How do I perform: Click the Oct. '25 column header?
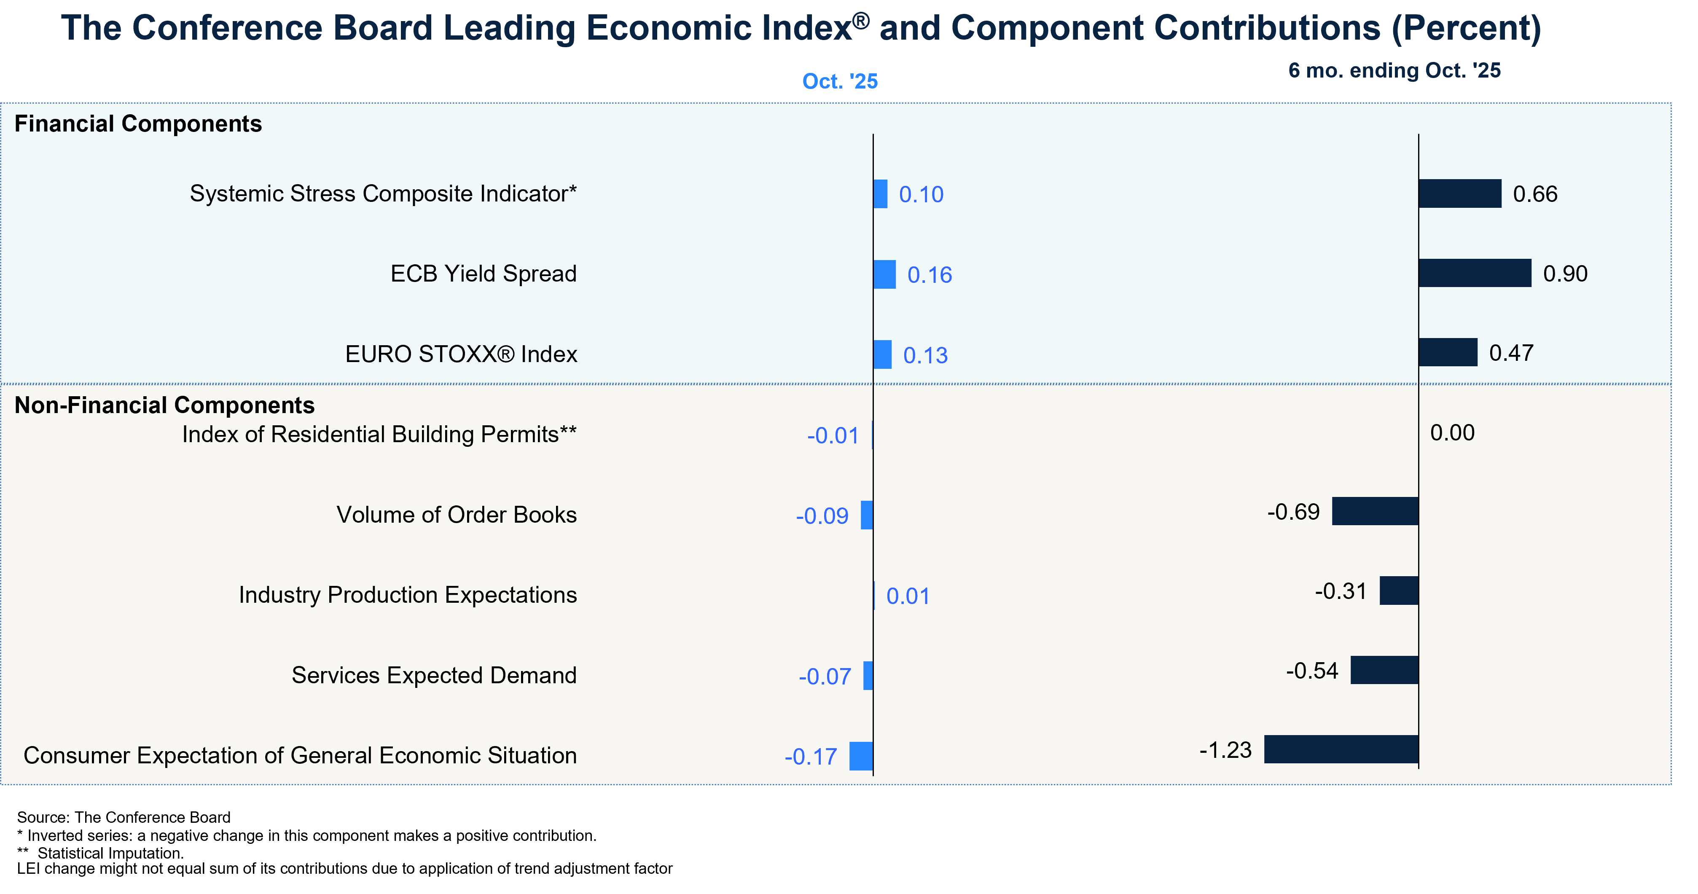pos(840,81)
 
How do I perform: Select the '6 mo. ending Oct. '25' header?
pos(1394,70)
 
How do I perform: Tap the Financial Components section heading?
pos(138,124)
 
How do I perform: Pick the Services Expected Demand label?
pos(434,675)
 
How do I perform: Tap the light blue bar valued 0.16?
pos(884,274)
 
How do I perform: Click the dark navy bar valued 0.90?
pos(1475,273)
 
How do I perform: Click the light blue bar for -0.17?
pos(861,756)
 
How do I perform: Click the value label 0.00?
pos(1452,433)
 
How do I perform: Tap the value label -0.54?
pos(1312,671)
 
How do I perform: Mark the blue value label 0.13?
pos(925,355)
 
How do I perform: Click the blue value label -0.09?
pos(822,515)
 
